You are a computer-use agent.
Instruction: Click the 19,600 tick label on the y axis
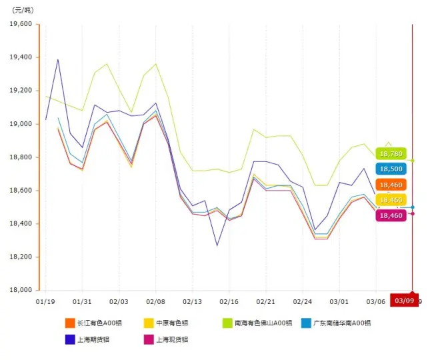coord(21,24)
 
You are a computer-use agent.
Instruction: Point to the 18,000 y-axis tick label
coord(21,290)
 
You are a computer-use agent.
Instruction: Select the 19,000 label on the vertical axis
coord(21,124)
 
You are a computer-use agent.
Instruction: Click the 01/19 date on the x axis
coord(45,302)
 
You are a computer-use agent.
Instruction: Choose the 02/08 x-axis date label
coord(156,302)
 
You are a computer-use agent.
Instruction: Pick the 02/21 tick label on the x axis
coord(266,302)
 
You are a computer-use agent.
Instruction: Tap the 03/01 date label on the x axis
coord(339,302)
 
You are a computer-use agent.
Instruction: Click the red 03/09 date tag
coord(404,301)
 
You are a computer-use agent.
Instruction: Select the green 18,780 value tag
coord(391,153)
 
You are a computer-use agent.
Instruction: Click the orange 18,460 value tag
coord(391,185)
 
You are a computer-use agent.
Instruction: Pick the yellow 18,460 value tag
coord(391,200)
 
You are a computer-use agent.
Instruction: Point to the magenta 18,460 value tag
coord(391,215)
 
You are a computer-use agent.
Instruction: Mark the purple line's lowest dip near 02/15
coord(217,245)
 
